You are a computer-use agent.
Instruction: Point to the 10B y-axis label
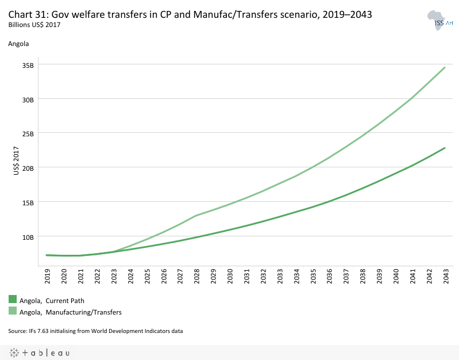pyautogui.click(x=29, y=236)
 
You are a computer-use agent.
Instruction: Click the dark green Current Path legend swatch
pyautogui.click(x=13, y=299)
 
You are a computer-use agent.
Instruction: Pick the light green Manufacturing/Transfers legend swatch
pyautogui.click(x=13, y=311)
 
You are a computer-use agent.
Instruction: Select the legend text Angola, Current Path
pyautogui.click(x=52, y=300)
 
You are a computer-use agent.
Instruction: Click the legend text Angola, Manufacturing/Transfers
pyautogui.click(x=70, y=312)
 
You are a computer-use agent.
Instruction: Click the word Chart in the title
pyautogui.click(x=20, y=14)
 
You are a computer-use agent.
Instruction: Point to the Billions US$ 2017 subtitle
pyautogui.click(x=34, y=25)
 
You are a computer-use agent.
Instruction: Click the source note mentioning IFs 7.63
pyautogui.click(x=95, y=331)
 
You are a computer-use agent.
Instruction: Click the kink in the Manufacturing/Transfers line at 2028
pyautogui.click(x=196, y=216)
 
